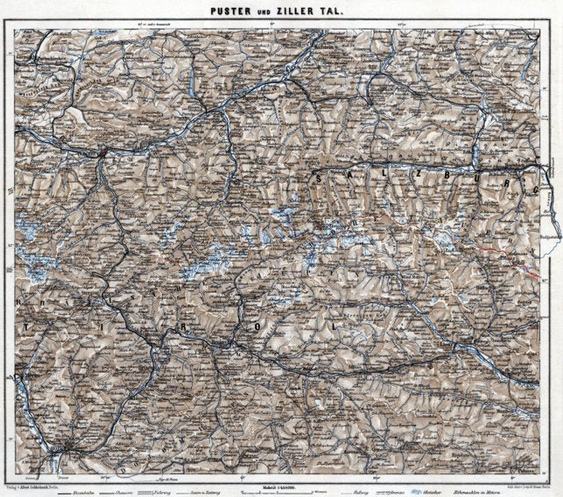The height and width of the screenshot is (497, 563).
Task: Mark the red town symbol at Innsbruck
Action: pyautogui.click(x=103, y=154)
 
